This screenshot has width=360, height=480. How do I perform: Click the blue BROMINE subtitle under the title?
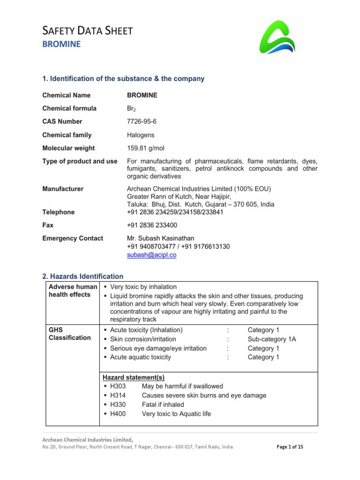pos(61,45)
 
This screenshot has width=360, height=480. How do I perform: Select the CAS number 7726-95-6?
pos(142,121)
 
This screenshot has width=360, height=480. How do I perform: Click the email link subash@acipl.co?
pos(151,255)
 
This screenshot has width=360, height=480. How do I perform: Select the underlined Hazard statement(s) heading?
pos(134,377)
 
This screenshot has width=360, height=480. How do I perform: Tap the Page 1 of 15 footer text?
pos(290,447)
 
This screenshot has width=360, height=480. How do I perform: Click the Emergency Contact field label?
pos(73,238)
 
